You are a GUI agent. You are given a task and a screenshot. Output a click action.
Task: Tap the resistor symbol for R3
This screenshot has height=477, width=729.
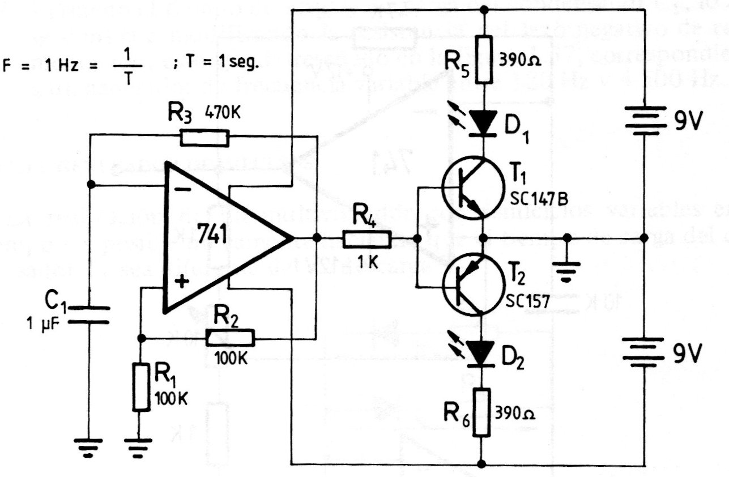point(204,138)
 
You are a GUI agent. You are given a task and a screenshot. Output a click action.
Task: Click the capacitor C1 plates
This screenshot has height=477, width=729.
point(91,314)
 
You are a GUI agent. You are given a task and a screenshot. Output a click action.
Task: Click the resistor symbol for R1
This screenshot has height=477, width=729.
point(141,387)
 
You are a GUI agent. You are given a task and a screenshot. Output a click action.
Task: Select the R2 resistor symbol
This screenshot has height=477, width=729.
point(230,338)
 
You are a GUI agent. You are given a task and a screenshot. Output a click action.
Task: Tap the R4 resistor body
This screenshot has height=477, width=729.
point(366,239)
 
